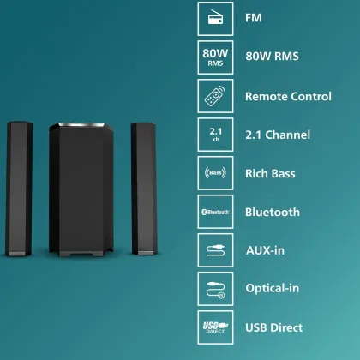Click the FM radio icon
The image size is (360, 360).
215,17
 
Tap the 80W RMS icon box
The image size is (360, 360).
215,57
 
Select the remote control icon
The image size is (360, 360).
215,96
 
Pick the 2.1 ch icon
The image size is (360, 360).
215,135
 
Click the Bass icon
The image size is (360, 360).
215,173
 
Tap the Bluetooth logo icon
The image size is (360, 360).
215,212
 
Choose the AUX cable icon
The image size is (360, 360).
215,250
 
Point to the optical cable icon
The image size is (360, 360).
215,289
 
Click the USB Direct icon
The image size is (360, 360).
215,327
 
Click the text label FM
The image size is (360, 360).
254,18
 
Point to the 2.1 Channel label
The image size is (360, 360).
277,135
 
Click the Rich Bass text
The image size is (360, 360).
270,173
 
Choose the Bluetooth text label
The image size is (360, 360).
272,212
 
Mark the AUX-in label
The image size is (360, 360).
265,250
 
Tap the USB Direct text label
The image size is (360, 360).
273,327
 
